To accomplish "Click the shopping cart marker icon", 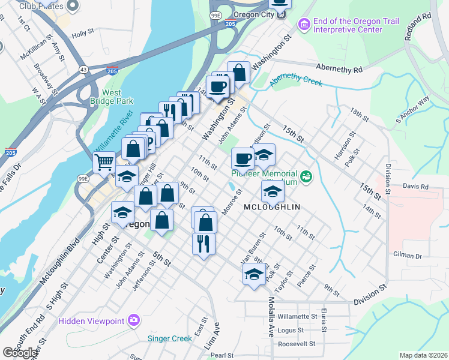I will click(104, 161).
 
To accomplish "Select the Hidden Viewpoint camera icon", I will click(133, 320).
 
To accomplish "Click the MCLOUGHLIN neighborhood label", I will click(272, 206).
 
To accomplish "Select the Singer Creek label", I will click(170, 338).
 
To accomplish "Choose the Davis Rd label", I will click(415, 187).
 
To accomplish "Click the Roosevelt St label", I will click(297, 344).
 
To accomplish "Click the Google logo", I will click(20, 353).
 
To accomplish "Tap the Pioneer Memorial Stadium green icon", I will click(307, 176).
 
